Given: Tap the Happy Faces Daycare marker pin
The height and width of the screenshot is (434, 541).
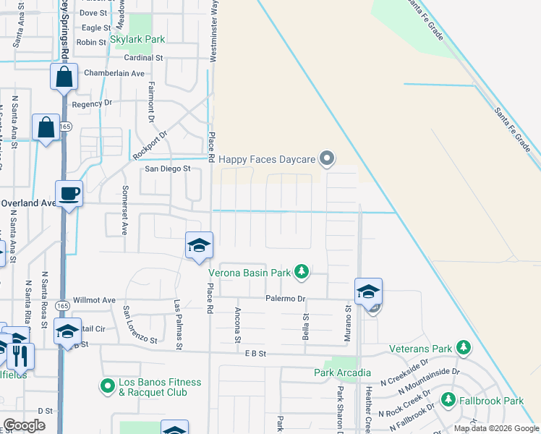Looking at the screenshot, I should tap(328, 158).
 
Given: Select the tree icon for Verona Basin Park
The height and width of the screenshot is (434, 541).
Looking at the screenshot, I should tap(302, 273).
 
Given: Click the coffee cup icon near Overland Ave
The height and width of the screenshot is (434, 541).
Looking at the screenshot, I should tap(69, 194).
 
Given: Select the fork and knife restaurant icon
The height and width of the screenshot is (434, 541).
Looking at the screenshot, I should tap(20, 354).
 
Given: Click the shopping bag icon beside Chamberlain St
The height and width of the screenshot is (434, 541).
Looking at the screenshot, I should tap(64, 76).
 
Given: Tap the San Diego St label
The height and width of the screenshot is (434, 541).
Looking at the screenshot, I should tap(167, 169).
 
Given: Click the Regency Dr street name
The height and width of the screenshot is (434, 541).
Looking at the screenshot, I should tap(93, 104).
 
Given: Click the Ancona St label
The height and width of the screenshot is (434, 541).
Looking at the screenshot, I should tap(237, 321).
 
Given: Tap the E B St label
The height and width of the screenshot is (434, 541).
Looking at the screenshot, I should tap(256, 353).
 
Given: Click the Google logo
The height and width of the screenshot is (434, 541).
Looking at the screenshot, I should tap(24, 425).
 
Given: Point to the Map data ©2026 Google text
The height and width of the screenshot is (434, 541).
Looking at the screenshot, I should tap(495, 428).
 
